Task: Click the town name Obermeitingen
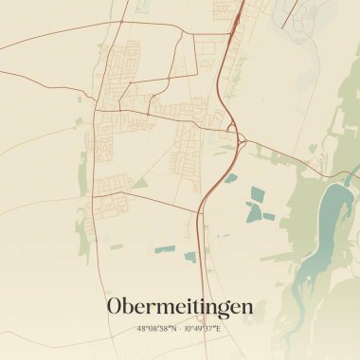click(x=180, y=307)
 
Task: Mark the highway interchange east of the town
click(x=239, y=140)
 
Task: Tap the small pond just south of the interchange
click(x=230, y=177)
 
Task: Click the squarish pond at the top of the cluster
click(x=258, y=193)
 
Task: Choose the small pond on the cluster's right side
click(x=269, y=216)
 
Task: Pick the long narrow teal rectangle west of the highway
click(x=165, y=249)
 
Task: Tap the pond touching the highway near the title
click(x=190, y=257)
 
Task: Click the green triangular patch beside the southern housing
click(x=139, y=183)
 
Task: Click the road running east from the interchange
click(x=284, y=153)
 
